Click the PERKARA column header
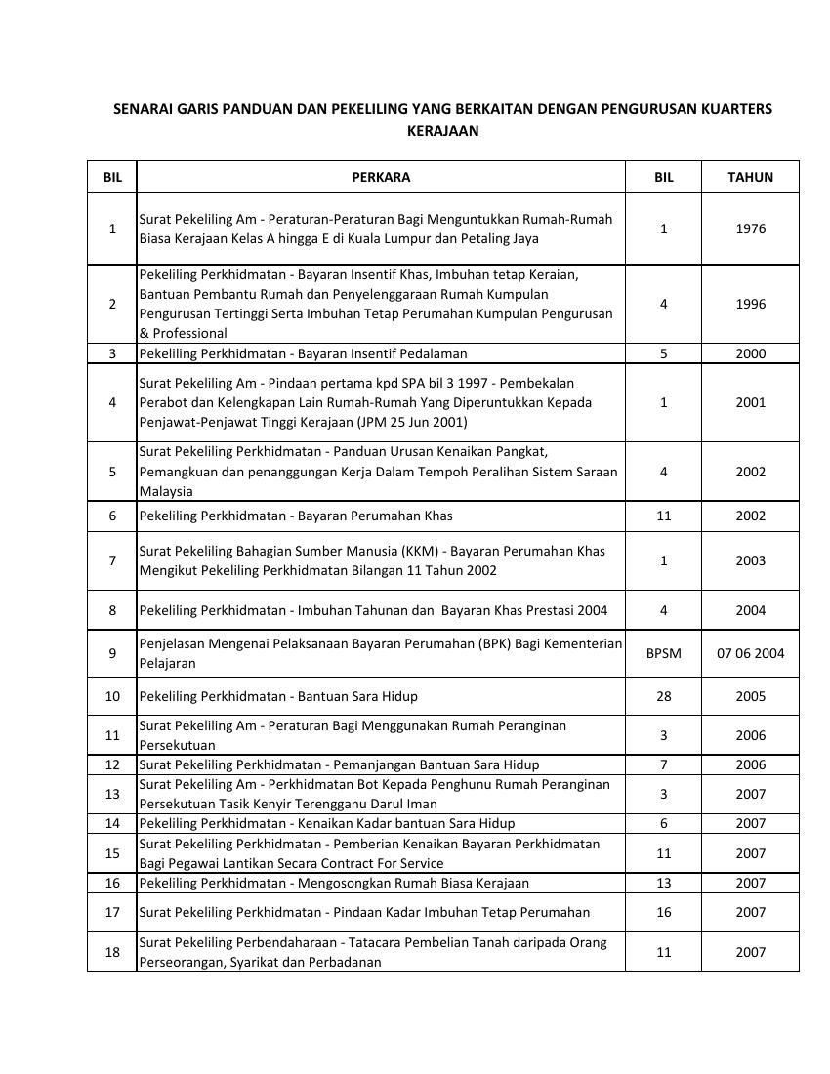381,177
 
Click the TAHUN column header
750,177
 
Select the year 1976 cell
750,228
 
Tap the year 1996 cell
750,304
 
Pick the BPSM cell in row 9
663,653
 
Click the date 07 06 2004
750,653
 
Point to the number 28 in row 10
663,696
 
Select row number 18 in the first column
112,952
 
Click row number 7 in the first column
112,560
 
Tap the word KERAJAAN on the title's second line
442,130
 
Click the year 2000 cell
750,353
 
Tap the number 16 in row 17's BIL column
663,912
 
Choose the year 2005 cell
750,696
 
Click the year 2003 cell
750,560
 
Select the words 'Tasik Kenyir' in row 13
259,804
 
